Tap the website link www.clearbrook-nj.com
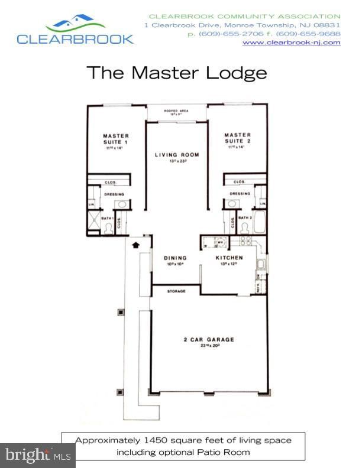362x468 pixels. click(x=292, y=43)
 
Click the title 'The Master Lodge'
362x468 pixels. click(x=176, y=73)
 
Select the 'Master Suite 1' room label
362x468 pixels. click(x=115, y=138)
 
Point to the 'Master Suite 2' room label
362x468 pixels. click(x=237, y=138)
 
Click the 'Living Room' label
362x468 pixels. click(x=177, y=155)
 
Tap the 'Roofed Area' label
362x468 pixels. click(x=176, y=110)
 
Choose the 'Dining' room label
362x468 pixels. click(x=176, y=258)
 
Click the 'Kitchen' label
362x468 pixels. click(x=230, y=258)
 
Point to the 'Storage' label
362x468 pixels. click(x=176, y=291)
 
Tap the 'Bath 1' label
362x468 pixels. click(x=106, y=219)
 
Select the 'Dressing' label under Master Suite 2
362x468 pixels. click(x=240, y=193)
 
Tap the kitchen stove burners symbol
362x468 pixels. click(x=245, y=241)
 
